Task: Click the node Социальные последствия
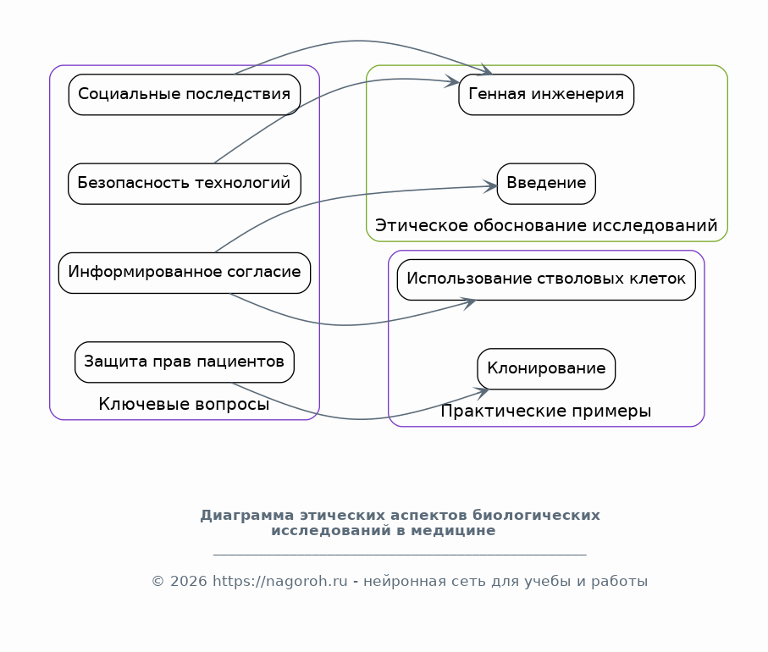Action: tap(184, 95)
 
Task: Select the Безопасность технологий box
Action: tap(184, 184)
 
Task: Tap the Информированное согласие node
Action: tap(184, 273)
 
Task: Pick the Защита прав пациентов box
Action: tap(184, 362)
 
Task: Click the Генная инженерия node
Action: tap(546, 95)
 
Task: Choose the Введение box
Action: tap(546, 184)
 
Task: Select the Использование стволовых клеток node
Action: tap(546, 279)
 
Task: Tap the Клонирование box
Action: tap(546, 369)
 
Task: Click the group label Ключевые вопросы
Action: tap(184, 404)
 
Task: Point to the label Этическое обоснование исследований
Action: tap(546, 225)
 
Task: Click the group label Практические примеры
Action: tap(545, 411)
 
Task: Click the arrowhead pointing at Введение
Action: tap(490, 186)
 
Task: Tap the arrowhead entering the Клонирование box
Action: tap(482, 392)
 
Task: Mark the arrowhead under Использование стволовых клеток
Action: tap(469, 303)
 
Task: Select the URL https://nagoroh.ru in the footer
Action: tap(279, 581)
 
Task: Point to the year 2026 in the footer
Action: tap(189, 581)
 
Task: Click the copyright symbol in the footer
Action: tap(157, 581)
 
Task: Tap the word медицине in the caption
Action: tap(453, 531)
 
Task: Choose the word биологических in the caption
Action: tap(536, 516)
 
